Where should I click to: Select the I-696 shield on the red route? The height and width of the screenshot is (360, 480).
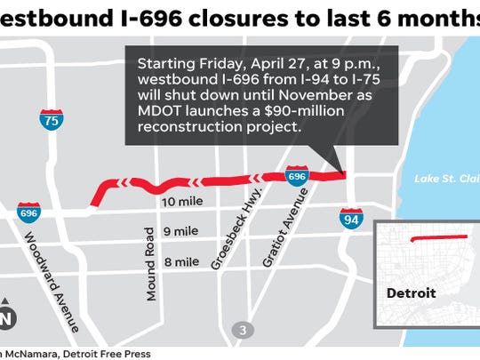pyautogui.click(x=297, y=177)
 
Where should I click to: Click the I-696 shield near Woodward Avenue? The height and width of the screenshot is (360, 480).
pyautogui.click(x=28, y=213)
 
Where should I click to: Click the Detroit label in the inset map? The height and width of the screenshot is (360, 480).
pyautogui.click(x=414, y=292)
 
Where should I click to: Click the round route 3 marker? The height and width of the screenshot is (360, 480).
pyautogui.click(x=242, y=332)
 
